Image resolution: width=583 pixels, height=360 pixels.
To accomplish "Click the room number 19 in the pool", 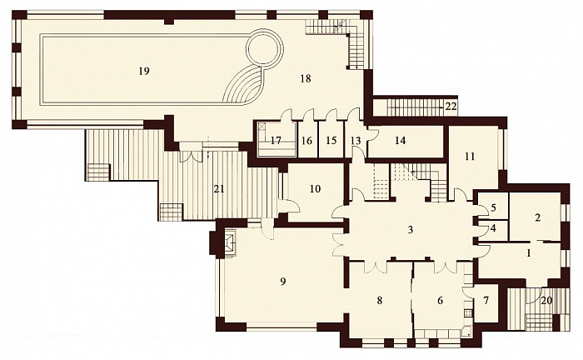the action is coord(144,71).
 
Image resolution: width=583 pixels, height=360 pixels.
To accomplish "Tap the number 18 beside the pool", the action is coord(306,78).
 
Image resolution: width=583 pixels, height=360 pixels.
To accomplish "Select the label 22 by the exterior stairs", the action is coord(451,107).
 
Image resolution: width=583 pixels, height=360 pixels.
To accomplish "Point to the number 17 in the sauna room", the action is coord(276,141).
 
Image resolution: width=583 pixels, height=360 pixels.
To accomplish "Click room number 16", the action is coord(306,141).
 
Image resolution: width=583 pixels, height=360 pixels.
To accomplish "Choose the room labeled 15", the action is coord(331,141).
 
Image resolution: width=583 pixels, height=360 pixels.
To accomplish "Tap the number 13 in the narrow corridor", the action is coord(356,141).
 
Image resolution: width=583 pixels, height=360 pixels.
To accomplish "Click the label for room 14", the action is coord(400,141).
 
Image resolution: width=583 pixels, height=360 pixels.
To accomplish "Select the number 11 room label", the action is coord(470,157).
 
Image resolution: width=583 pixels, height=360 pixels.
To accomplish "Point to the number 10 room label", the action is coord(315,189).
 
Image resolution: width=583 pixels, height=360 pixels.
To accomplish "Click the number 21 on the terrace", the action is coord(219,189).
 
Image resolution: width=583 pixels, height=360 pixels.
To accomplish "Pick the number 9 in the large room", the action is coord(283,282).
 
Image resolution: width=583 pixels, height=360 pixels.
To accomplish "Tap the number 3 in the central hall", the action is coord(411,230).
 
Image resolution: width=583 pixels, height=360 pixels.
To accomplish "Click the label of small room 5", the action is coord(493,207).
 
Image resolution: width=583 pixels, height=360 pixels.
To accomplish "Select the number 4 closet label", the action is coord(493,228).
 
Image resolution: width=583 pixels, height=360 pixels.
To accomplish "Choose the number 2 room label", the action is coord(537,218).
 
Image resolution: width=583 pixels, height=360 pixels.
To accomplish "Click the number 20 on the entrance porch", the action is coord(546,301).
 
